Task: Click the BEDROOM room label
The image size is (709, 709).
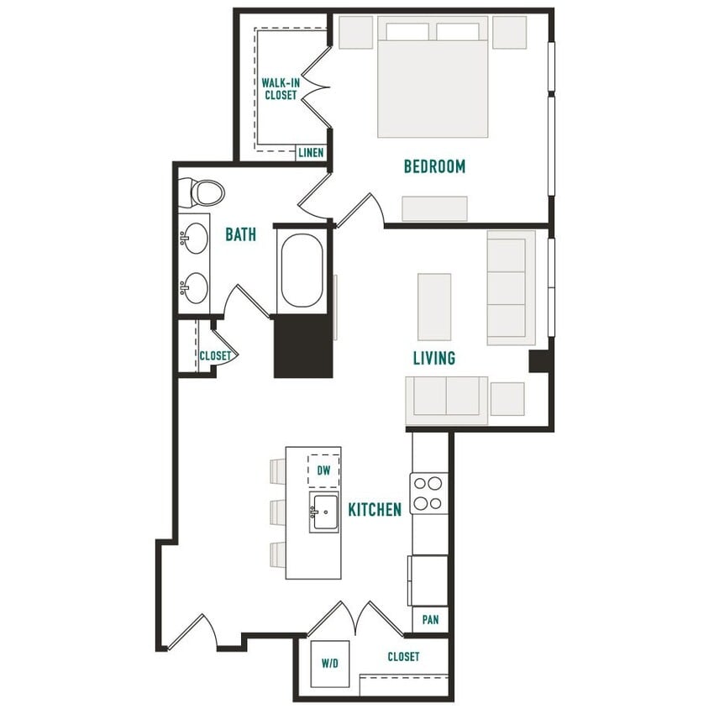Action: point(434,166)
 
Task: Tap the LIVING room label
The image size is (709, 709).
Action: point(434,359)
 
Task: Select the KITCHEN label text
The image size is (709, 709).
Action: point(375,509)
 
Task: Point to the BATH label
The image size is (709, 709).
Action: point(240,235)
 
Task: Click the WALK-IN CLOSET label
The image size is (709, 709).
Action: point(280,88)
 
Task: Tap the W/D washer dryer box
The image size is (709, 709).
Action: point(329,664)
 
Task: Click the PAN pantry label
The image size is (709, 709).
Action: point(430,620)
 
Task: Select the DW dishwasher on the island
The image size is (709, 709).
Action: point(323,471)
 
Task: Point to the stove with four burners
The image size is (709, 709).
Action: point(429,493)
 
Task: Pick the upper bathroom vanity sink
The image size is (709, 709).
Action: point(196,237)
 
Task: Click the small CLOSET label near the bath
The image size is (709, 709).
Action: point(215,356)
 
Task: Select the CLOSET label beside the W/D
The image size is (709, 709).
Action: point(403,656)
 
